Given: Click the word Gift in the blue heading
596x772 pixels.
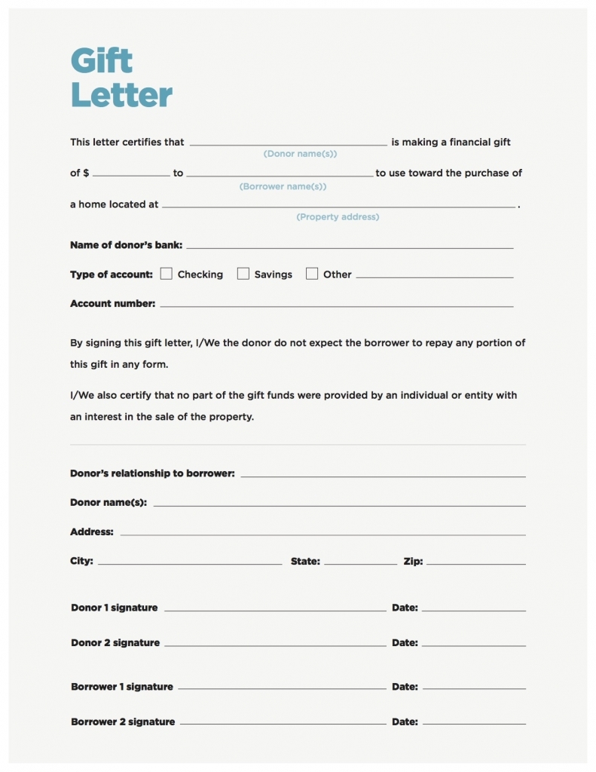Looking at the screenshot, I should tap(101, 60).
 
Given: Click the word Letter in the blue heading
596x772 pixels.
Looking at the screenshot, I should tap(121, 96).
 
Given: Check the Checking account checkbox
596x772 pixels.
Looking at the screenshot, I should tap(167, 274).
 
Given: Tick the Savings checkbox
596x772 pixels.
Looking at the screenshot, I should tap(243, 274).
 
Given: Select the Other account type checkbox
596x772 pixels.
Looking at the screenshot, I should tap(312, 274).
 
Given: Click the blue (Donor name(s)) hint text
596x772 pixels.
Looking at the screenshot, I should tap(300, 154).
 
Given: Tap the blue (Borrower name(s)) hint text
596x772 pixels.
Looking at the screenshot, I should tap(283, 186).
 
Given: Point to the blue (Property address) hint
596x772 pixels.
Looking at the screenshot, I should tap(338, 217).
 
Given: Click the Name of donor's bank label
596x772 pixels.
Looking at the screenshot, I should tap(126, 245).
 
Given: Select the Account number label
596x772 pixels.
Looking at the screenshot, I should tap(112, 304).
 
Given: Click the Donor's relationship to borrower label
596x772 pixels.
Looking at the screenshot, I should tap(152, 473).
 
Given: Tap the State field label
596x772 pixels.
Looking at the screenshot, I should tap(305, 561).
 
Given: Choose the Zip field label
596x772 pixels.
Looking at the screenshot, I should tap(413, 561).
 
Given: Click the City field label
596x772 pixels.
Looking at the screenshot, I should tap(81, 561).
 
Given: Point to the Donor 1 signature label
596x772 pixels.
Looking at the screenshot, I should tap(115, 608).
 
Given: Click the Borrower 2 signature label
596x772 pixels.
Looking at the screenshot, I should tap(123, 721).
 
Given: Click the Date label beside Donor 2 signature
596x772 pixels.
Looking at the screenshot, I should tap(405, 643).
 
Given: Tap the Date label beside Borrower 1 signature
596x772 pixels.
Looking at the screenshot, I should tap(405, 687).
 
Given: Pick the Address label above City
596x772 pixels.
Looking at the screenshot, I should tap(92, 532).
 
